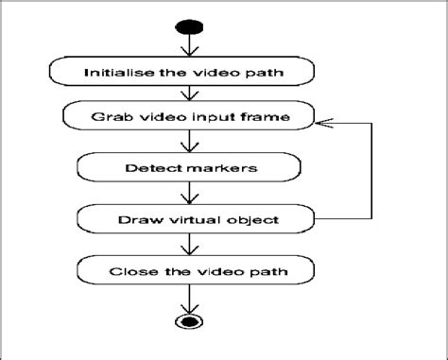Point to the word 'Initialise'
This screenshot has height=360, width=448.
click(119, 73)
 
